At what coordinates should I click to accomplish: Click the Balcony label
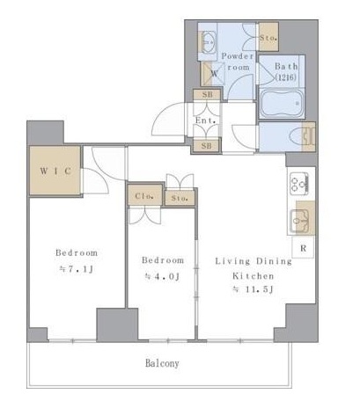pyautogui.click(x=162, y=363)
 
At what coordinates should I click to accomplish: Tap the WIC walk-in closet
pyautogui.click(x=55, y=171)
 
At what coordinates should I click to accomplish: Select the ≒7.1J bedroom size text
pyautogui.click(x=77, y=269)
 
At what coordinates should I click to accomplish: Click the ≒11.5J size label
pyautogui.click(x=253, y=289)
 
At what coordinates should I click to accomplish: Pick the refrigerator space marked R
pyautogui.click(x=304, y=248)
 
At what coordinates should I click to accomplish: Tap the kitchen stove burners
pyautogui.click(x=299, y=184)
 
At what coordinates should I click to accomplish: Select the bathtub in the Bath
pyautogui.click(x=282, y=104)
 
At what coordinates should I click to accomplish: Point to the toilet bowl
pyautogui.click(x=297, y=137)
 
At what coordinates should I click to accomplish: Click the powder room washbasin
pyautogui.click(x=209, y=42)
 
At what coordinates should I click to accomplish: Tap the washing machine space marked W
pyautogui.click(x=212, y=74)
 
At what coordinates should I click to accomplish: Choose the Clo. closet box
pyautogui.click(x=144, y=195)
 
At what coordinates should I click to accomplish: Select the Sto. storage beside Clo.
pyautogui.click(x=180, y=198)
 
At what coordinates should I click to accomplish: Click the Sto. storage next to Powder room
pyautogui.click(x=268, y=37)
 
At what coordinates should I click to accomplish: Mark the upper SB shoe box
pyautogui.click(x=207, y=95)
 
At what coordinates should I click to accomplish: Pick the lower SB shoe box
pyautogui.click(x=206, y=146)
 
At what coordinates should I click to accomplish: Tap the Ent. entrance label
pyautogui.click(x=206, y=120)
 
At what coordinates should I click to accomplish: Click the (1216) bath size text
pyautogui.click(x=285, y=77)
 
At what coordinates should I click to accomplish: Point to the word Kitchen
pyautogui.click(x=253, y=276)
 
